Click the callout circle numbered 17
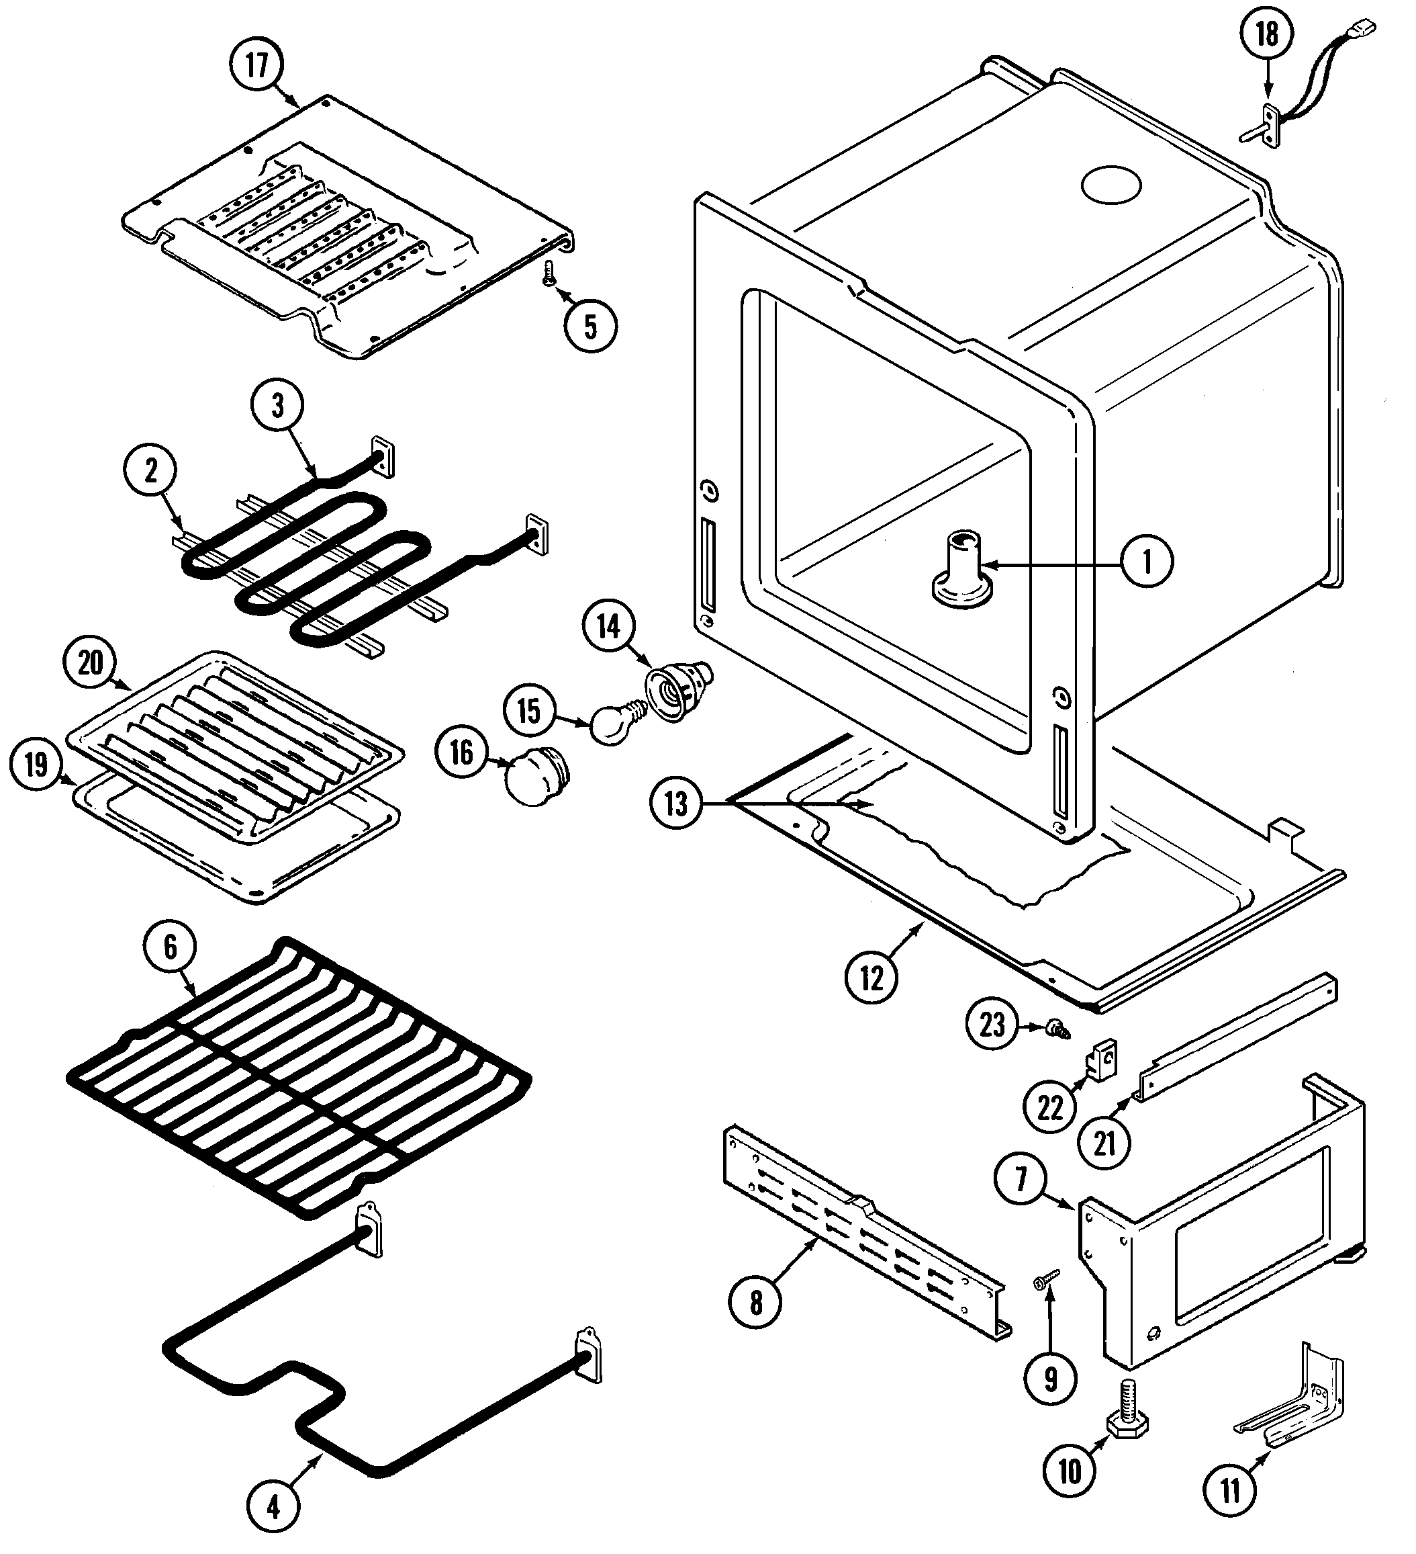[256, 66]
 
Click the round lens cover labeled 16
[534, 779]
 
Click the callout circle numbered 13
[675, 804]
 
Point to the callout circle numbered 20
[90, 663]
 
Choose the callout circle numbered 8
[756, 1303]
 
